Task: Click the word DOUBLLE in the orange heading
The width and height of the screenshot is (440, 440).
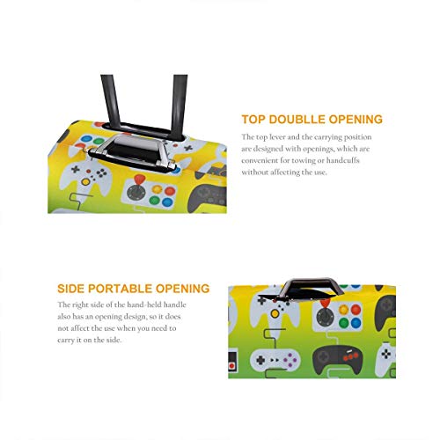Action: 297,120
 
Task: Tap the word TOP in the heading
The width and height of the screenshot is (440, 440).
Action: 253,120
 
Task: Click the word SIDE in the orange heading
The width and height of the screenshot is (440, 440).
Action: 71,289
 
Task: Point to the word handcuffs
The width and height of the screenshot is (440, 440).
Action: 343,160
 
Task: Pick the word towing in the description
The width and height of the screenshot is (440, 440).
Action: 302,161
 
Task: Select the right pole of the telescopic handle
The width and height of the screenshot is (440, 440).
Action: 179,106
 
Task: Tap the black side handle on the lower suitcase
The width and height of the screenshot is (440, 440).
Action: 311,287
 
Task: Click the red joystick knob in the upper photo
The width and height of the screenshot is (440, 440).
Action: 140,180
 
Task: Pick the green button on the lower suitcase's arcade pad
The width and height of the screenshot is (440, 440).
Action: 344,323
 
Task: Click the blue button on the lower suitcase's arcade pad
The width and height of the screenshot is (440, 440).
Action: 356,323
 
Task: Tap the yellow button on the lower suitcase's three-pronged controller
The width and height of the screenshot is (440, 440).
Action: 275,314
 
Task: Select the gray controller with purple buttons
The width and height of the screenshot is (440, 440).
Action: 275,359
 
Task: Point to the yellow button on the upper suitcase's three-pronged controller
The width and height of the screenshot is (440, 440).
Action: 85,182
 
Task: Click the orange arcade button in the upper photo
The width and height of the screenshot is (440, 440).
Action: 157,189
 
